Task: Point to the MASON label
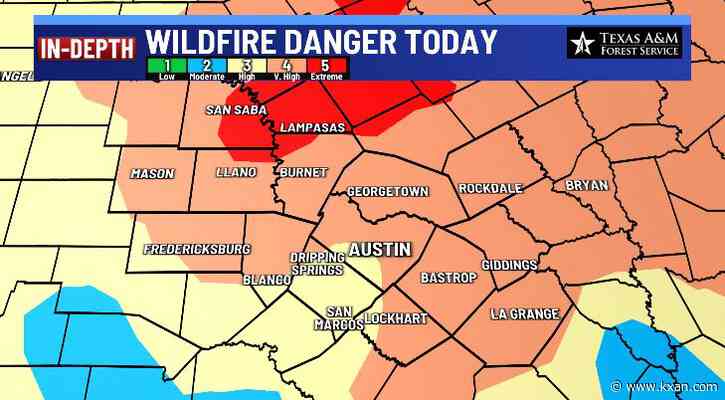[152, 174]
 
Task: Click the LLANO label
[237, 173]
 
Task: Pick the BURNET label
[302, 173]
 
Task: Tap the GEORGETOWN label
[388, 191]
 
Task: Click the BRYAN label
[586, 185]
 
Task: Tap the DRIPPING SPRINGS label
[318, 263]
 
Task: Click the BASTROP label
[448, 277]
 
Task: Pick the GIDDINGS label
[509, 265]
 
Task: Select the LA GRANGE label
[524, 314]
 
